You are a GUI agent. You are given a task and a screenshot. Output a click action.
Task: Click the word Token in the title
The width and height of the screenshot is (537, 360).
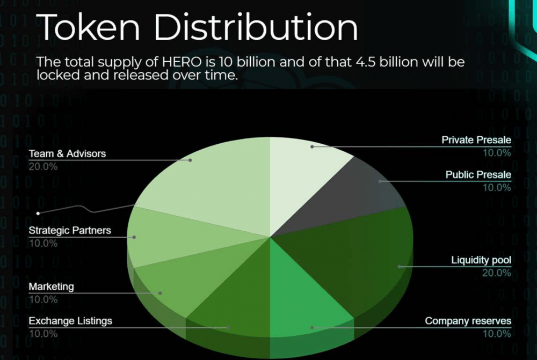[88, 27]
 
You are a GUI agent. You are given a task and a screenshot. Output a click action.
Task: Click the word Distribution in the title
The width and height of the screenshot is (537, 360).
[256, 27]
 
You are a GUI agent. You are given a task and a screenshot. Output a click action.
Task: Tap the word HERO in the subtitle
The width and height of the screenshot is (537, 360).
[182, 62]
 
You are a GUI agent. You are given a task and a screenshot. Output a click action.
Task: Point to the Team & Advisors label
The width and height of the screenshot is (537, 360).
[67, 153]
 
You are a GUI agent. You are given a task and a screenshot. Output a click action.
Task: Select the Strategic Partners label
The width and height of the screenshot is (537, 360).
[70, 230]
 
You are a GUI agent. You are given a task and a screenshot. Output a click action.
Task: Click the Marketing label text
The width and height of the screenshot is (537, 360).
[52, 286]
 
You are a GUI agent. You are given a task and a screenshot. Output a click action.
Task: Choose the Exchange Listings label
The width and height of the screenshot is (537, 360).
[70, 321]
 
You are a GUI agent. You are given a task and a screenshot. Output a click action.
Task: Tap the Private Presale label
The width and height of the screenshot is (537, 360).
[476, 140]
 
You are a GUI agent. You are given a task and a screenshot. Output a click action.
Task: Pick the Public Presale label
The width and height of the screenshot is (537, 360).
[478, 175]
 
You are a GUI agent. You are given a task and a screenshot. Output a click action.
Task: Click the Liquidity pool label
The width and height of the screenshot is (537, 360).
[481, 260]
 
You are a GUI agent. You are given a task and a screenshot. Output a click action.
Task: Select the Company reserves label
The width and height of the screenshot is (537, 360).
[468, 321]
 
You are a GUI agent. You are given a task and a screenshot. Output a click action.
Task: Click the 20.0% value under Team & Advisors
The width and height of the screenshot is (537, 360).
[43, 167]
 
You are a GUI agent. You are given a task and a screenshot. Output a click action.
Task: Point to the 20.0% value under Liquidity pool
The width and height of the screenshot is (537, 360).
[496, 273]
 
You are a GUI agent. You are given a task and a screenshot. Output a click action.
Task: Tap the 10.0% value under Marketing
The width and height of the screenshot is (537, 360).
[43, 299]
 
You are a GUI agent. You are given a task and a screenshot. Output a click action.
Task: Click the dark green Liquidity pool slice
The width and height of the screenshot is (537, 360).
[360, 253]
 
